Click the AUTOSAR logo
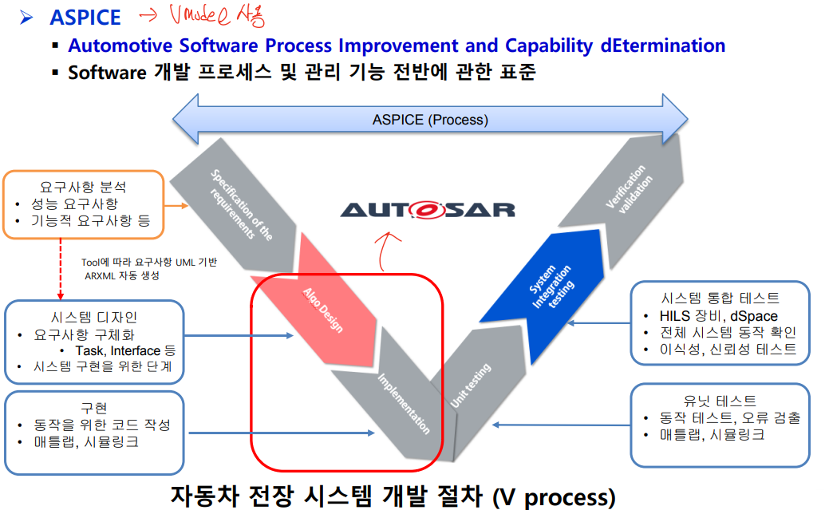pos(428,210)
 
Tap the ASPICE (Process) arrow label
pos(430,120)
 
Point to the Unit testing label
pos(471,386)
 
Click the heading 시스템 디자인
pos(94,317)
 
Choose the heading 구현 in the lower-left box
pos(94,407)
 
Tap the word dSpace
pos(753,316)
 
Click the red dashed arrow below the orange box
pos(61,267)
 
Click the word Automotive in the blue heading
pos(120,45)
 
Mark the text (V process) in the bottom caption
pos(554,496)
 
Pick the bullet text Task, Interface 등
pos(125,350)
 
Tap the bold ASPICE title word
pos(85,18)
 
